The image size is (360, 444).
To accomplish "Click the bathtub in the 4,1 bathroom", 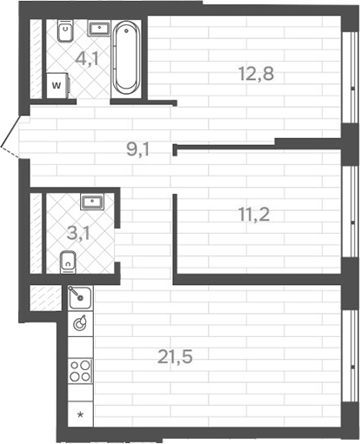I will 126,58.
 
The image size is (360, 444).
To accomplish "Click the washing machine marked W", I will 57,86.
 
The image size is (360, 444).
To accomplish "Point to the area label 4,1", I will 86,60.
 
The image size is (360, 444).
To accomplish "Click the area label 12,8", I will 256,74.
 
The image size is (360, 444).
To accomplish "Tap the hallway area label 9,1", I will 137,149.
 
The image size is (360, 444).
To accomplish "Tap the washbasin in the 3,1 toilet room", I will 91,203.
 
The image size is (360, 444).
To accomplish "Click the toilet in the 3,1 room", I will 68,260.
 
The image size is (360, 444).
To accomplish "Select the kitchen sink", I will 79,297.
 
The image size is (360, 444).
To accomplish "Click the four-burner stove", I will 80,371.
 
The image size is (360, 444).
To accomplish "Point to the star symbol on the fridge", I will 80,414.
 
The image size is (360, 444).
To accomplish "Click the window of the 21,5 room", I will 354,356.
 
